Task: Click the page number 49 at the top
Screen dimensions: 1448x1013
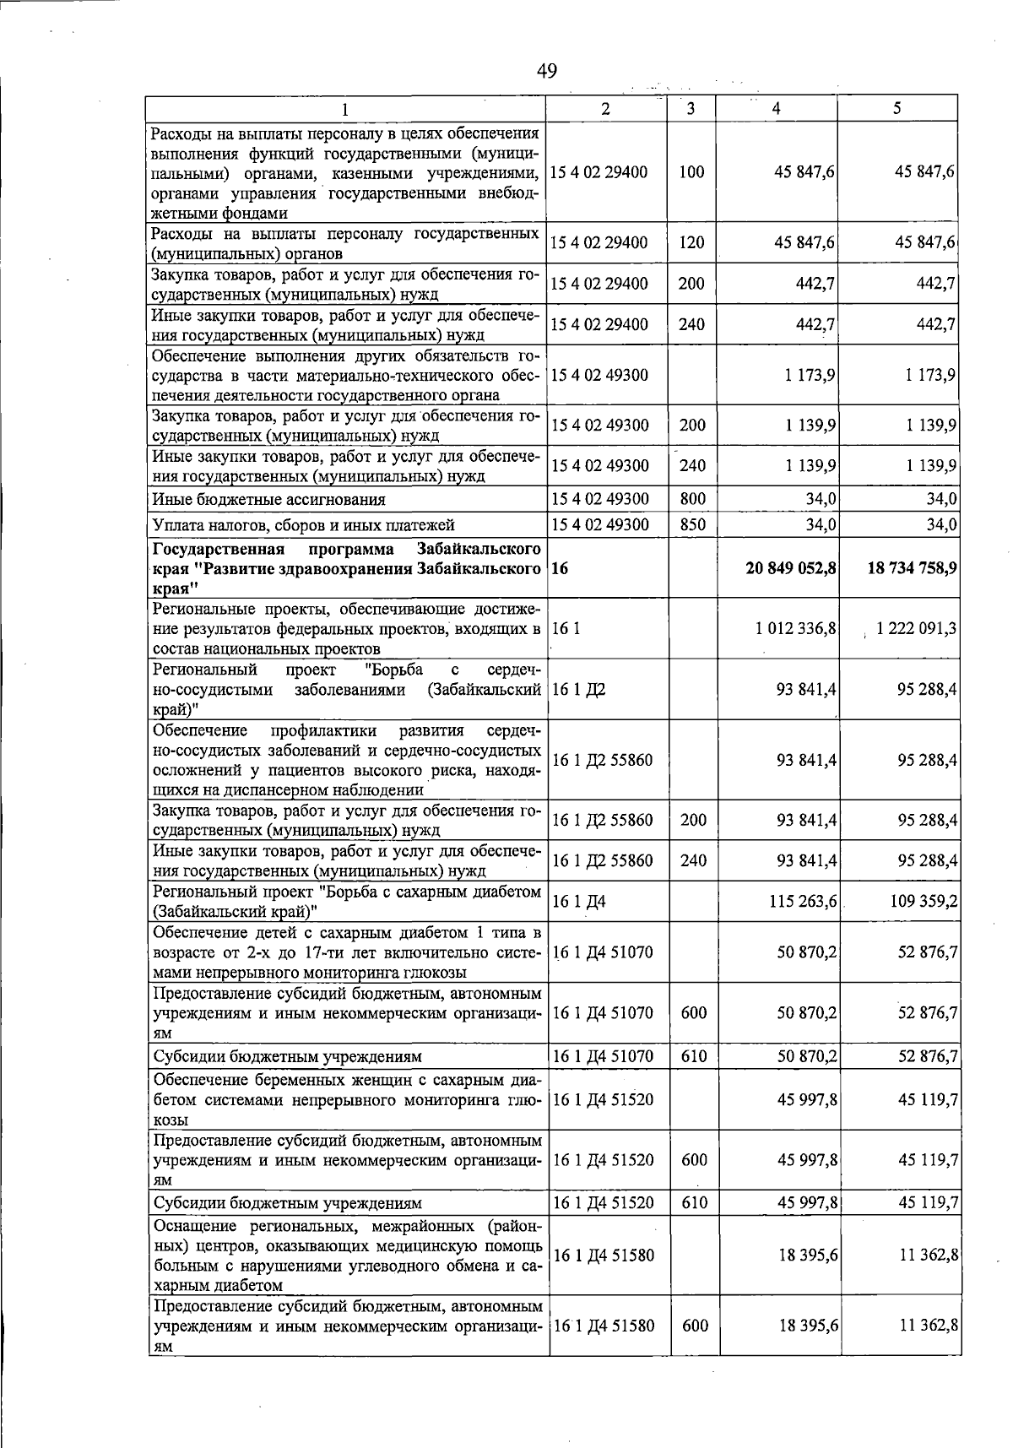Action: (x=547, y=71)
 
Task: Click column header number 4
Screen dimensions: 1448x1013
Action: (x=776, y=108)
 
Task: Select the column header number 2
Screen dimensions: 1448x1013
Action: (x=605, y=108)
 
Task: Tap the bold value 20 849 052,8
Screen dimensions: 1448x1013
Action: (x=791, y=568)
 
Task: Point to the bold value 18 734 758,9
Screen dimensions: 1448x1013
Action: (x=912, y=568)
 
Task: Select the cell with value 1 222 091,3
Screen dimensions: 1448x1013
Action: (x=916, y=629)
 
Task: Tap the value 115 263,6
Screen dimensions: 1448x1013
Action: (x=803, y=903)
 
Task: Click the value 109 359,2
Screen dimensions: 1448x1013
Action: (x=924, y=903)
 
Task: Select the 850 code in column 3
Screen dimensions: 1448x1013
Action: (x=692, y=525)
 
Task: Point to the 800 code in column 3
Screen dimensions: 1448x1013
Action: (x=692, y=499)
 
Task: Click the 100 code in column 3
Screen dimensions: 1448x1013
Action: (x=691, y=172)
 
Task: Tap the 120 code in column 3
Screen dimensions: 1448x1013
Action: (x=691, y=243)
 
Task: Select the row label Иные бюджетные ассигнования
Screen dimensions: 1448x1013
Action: (x=268, y=500)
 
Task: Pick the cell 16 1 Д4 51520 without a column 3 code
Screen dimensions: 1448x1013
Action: (x=603, y=1100)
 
